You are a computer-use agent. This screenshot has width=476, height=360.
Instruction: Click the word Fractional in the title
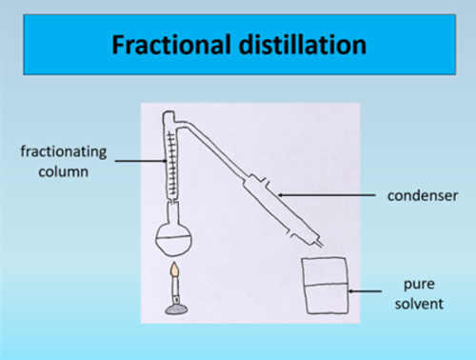click(x=171, y=45)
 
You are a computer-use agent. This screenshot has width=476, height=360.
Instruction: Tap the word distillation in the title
click(x=303, y=45)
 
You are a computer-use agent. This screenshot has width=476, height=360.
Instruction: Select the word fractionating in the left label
click(x=64, y=152)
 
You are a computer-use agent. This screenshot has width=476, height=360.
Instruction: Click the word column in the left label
click(x=64, y=172)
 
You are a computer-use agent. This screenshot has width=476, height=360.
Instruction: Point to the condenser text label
click(x=423, y=196)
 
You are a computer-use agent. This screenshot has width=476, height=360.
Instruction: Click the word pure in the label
click(x=419, y=285)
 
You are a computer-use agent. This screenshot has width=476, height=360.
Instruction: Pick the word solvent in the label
click(x=419, y=304)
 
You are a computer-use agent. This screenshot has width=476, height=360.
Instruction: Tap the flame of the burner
click(x=175, y=270)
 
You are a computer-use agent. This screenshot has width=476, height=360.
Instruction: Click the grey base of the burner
click(x=176, y=310)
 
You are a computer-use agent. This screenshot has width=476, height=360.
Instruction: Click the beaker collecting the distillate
click(x=326, y=286)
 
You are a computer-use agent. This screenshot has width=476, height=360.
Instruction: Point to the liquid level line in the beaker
click(x=326, y=284)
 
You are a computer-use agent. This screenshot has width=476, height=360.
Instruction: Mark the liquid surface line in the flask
click(x=173, y=238)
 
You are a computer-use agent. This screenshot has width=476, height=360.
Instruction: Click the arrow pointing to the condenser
click(x=327, y=195)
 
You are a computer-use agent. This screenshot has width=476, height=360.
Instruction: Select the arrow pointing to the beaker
click(x=365, y=290)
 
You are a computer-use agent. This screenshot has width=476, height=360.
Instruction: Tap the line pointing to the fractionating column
click(x=141, y=161)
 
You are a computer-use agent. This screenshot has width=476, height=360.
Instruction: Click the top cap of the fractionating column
click(x=169, y=114)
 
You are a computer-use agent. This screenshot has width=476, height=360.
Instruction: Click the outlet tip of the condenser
click(x=320, y=244)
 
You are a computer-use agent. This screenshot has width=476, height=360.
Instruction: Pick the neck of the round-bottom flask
click(x=173, y=212)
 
